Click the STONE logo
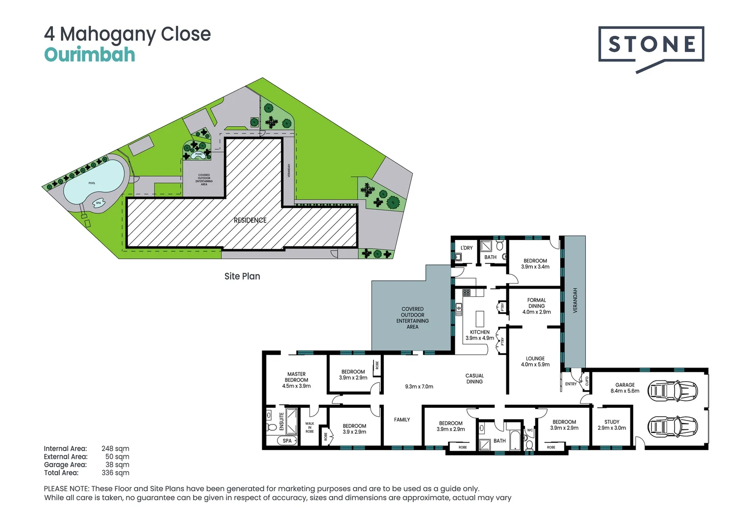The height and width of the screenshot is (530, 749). (651, 45)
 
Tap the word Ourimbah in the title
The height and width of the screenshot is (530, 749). (90, 54)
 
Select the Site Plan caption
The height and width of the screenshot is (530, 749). (242, 276)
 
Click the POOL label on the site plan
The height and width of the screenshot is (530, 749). (92, 183)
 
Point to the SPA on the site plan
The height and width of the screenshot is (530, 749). (99, 203)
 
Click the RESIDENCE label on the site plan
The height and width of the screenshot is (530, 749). (250, 220)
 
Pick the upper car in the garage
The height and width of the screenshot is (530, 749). (673, 391)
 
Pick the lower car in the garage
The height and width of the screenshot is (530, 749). (673, 426)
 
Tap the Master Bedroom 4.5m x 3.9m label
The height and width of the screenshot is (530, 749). (297, 380)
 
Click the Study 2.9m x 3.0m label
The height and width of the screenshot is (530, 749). (612, 425)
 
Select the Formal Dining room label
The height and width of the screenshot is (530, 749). (536, 306)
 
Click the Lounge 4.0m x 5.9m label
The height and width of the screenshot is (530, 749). (535, 362)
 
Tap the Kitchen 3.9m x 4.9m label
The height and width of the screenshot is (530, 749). (480, 335)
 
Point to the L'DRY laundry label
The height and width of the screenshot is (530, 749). (467, 248)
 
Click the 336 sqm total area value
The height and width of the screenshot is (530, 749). (115, 473)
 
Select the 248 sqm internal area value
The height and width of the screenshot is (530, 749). (115, 449)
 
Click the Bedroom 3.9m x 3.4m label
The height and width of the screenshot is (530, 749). (535, 264)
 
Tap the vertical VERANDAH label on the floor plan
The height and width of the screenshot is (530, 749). (575, 300)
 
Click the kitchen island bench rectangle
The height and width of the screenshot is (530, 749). (480, 319)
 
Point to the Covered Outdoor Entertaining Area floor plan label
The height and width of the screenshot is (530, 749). (412, 318)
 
